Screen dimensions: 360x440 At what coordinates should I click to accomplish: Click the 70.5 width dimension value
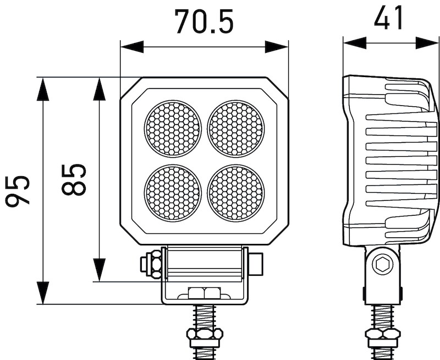204,22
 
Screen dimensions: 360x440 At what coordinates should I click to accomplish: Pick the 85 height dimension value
74,179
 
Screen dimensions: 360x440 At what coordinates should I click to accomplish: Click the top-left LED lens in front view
173,128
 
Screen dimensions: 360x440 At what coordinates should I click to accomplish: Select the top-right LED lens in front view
236,128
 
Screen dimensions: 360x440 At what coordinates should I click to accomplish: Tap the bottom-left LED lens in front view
173,192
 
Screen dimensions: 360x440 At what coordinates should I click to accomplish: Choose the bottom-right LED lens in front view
236,192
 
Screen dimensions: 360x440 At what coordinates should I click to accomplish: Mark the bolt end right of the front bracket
256,264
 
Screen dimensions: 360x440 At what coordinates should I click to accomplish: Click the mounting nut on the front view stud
204,334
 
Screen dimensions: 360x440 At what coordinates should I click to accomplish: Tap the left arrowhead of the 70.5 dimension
131,47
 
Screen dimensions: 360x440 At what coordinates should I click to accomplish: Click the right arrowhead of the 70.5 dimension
277,47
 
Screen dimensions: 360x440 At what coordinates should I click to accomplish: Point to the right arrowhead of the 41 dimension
427,43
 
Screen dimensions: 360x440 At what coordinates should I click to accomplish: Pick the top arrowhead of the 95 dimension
43,89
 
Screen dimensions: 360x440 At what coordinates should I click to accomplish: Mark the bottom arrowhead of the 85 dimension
100,270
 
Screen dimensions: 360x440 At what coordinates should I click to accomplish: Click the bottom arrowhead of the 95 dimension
43,293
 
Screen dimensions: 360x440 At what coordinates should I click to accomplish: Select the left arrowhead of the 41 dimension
355,43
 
